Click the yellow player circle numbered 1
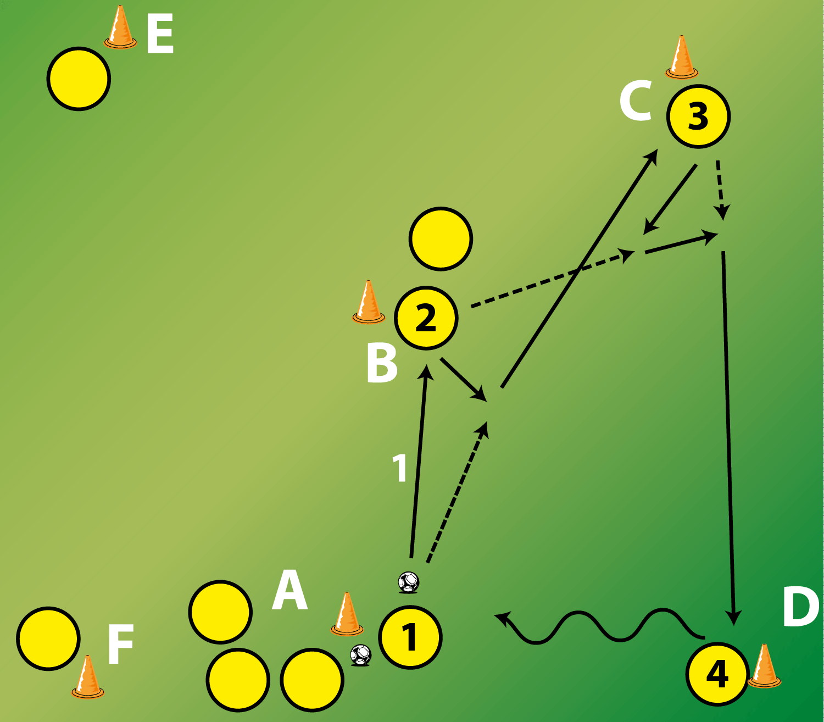pos(410,637)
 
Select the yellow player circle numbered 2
pos(426,318)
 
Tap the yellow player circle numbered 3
pos(698,116)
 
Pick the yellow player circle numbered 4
pos(717,674)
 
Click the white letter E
pos(160,33)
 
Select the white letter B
pos(382,363)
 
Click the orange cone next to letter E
pos(120,27)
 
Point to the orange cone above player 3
pos(682,57)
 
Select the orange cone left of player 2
pos(369,302)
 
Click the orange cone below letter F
pos(88,677)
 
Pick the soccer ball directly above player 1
pos(408,582)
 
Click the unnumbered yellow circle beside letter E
pos(79,79)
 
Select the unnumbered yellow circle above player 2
pos(441,239)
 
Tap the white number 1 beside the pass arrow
pos(400,468)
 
